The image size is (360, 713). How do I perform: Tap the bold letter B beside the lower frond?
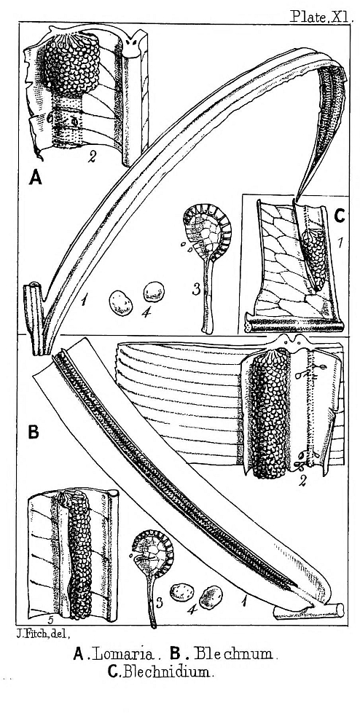point(34,432)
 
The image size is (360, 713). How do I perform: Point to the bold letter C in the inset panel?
point(339,216)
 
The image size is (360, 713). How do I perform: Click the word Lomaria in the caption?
point(124,654)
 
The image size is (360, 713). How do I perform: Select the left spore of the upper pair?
point(121,304)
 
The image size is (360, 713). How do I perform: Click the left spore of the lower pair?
point(182,591)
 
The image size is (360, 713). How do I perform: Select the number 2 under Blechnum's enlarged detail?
point(301,481)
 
